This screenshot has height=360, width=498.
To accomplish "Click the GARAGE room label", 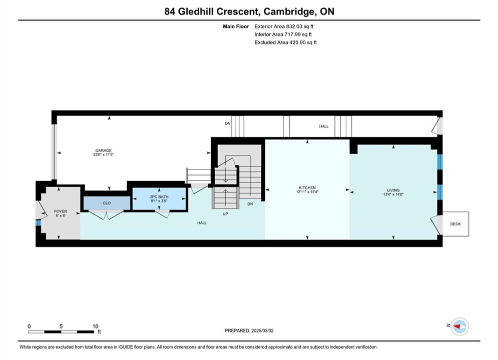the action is click(104, 150).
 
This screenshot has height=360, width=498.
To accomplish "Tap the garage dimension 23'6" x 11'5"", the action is click(104, 155).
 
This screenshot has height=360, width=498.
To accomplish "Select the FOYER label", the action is click(61, 211).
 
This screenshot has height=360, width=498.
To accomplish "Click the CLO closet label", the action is click(107, 203).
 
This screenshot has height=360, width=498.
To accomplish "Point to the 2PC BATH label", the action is click(159, 197).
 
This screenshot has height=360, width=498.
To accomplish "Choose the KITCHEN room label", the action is click(307, 188).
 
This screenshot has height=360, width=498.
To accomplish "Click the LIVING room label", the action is click(393, 190).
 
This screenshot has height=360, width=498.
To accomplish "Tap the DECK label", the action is click(455, 224).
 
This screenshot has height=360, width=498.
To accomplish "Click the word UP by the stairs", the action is click(225, 214).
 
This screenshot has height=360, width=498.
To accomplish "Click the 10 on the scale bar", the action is click(95, 326).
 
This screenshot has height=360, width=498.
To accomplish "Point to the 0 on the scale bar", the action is click(29, 326).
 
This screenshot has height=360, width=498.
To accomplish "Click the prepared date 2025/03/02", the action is click(262, 330).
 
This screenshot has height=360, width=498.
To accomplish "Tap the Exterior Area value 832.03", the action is click(293, 26).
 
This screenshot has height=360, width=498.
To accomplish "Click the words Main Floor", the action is click(236, 26).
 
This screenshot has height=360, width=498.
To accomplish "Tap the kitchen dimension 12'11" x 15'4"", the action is click(307, 192).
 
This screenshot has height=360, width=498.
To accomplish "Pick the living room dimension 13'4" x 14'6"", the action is click(393, 194).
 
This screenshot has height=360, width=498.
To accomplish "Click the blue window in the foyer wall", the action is click(39, 223).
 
